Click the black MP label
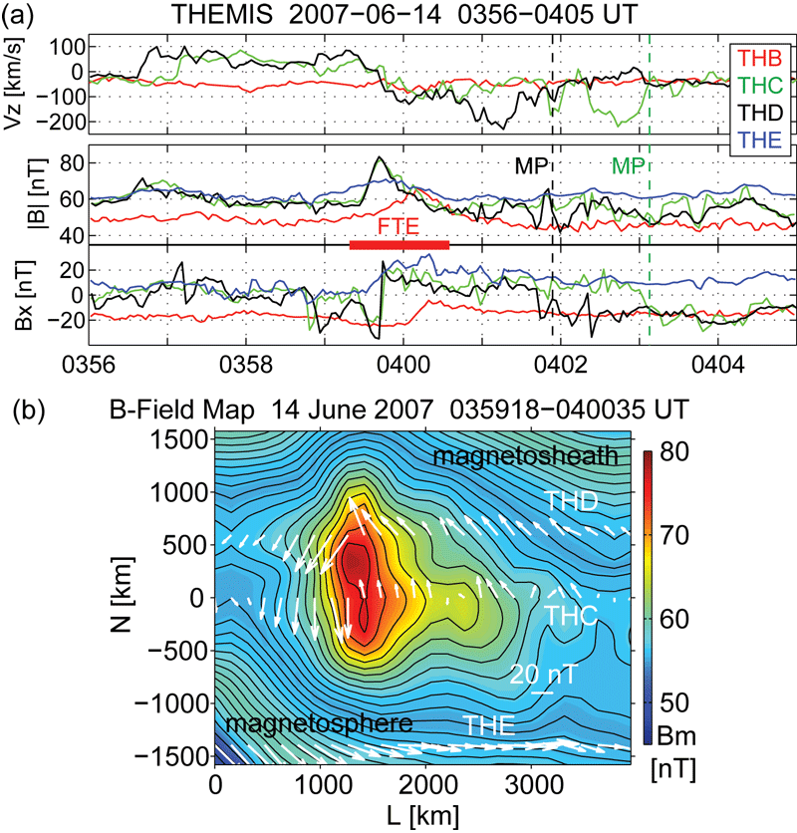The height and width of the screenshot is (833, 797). tap(530, 165)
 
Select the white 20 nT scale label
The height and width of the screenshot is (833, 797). tap(543, 674)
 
